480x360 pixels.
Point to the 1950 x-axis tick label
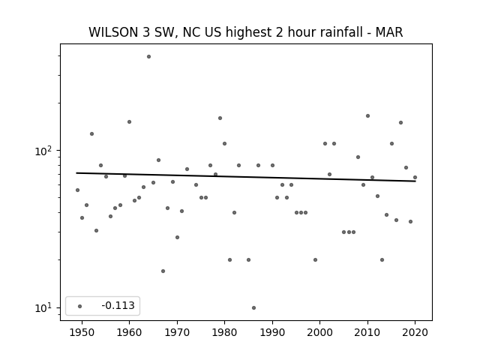click(82, 332)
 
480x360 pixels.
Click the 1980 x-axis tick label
click(224, 332)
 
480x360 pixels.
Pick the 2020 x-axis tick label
click(415, 332)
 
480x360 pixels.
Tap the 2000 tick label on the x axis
click(320, 332)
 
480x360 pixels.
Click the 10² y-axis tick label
click(44, 151)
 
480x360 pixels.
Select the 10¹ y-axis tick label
click(44, 308)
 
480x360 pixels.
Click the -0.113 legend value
click(118, 305)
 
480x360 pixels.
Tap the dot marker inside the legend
click(80, 306)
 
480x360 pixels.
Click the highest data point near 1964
click(148, 57)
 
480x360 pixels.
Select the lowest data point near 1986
click(253, 308)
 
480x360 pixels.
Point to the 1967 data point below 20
click(163, 271)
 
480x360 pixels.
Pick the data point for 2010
click(368, 116)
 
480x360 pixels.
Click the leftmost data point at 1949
click(77, 190)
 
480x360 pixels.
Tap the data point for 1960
click(130, 121)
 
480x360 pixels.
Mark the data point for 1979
click(220, 118)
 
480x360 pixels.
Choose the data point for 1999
click(315, 260)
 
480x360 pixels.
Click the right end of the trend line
click(415, 181)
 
